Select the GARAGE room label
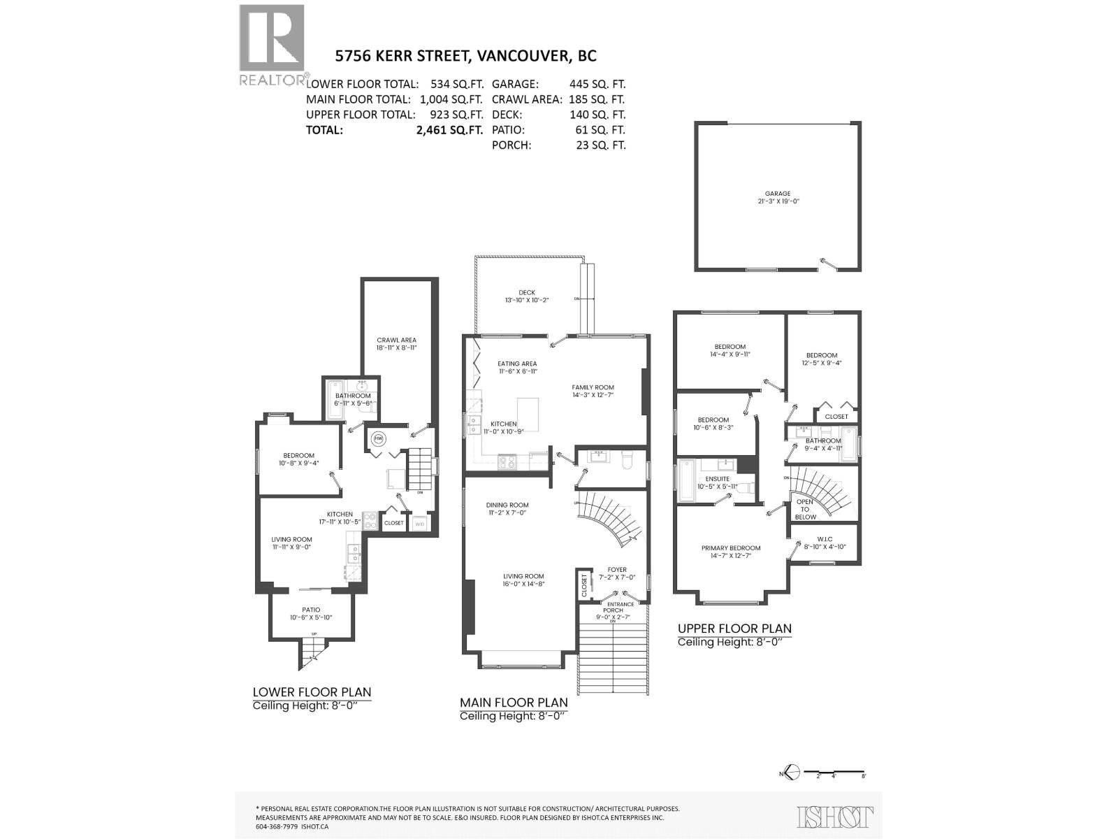pos(777,194)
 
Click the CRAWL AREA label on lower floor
pos(396,340)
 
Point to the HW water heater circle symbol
pos(379,438)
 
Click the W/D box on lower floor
pos(420,523)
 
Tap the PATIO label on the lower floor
pos(311,610)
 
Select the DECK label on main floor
pos(526,293)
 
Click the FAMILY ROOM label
pos(593,387)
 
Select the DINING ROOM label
pos(507,505)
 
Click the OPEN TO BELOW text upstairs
pos(805,509)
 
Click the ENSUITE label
pos(717,479)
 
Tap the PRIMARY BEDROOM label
pos(731,548)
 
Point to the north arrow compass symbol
pos(790,773)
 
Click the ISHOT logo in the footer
pos(835,816)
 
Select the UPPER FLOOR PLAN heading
pos(734,629)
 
